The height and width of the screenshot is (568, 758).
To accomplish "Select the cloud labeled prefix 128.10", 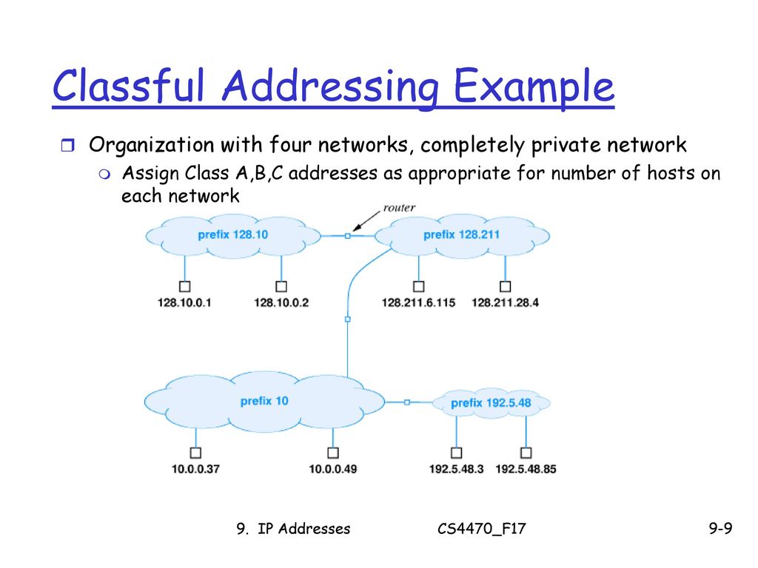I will [x=233, y=235].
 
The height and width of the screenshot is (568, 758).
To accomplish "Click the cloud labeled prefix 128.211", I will [x=461, y=235].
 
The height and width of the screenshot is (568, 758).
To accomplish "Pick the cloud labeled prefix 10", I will [x=264, y=401].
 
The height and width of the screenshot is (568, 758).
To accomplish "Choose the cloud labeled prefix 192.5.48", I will [x=491, y=403].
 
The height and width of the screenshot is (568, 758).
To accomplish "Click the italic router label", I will [x=399, y=208].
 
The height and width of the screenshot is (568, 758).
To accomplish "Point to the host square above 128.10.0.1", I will [x=185, y=286].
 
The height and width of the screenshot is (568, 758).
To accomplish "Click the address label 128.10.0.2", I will [x=281, y=302].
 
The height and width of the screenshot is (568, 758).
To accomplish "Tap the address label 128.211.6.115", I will [x=418, y=302].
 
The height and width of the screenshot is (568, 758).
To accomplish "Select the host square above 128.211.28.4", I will [x=506, y=286].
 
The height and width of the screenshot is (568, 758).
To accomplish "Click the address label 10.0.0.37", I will [x=195, y=469].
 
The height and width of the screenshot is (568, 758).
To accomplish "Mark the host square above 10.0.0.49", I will [x=333, y=453].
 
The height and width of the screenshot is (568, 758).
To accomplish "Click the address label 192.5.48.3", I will [x=456, y=469].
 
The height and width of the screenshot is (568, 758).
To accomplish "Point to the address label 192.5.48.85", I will [x=526, y=469].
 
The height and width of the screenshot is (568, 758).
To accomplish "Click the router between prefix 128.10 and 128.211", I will [x=347, y=236].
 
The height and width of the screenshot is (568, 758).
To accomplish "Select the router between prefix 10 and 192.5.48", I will [x=407, y=402].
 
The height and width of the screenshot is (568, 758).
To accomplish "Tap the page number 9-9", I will [x=720, y=529].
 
